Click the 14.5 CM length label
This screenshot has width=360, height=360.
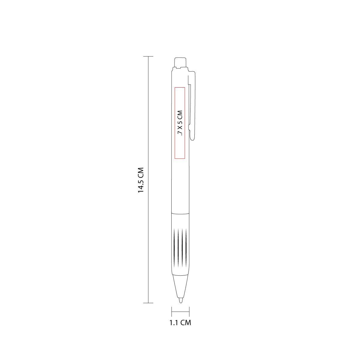tap(141, 180)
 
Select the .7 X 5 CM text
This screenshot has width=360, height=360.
tap(180, 123)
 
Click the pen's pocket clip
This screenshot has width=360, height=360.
tap(192, 106)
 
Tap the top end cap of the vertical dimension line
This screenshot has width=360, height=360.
tap(148, 56)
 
